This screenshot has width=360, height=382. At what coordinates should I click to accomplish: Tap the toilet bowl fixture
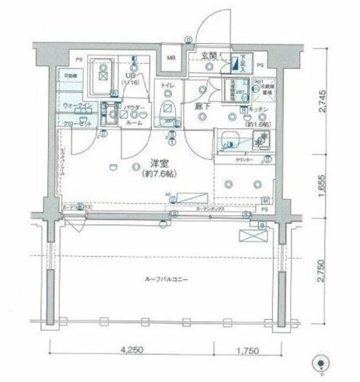click(x=168, y=110)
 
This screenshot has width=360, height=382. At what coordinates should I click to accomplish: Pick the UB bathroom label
click(x=128, y=76)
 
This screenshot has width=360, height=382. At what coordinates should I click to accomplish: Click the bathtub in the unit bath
click(x=102, y=76)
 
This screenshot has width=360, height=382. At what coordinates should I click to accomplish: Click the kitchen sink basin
click(x=230, y=142)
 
